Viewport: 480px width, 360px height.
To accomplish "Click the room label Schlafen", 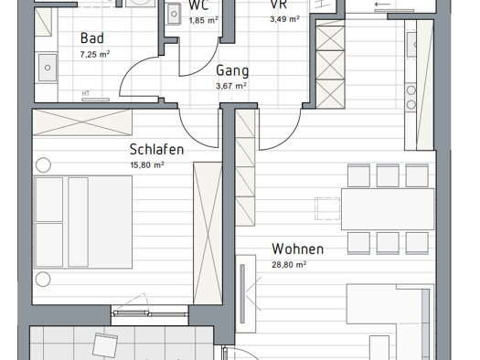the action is pyautogui.click(x=156, y=150).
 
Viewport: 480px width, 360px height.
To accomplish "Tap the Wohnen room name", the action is pyautogui.click(x=297, y=249).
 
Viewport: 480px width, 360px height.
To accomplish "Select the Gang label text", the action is pyautogui.click(x=232, y=71).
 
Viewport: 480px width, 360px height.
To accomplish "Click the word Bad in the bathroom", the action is pyautogui.click(x=92, y=38).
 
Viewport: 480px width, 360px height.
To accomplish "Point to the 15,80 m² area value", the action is pyautogui.click(x=147, y=165).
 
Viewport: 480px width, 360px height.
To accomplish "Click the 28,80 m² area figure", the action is pyautogui.click(x=289, y=265).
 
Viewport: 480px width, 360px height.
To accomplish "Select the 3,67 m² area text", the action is pyautogui.click(x=231, y=86).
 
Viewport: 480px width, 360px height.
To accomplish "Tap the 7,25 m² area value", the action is pyautogui.click(x=95, y=55).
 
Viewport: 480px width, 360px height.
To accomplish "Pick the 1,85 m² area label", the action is pyautogui.click(x=204, y=20).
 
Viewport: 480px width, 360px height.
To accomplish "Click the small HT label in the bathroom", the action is pyautogui.click(x=86, y=93).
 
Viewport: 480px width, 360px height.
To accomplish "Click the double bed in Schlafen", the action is pyautogui.click(x=83, y=222).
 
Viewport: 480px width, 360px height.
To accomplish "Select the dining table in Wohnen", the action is pyautogui.click(x=388, y=209).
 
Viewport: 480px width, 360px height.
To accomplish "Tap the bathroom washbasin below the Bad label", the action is pyautogui.click(x=48, y=68).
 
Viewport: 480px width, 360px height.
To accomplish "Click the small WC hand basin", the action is pyautogui.click(x=174, y=14).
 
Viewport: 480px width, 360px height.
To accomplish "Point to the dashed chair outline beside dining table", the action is pyautogui.click(x=327, y=208).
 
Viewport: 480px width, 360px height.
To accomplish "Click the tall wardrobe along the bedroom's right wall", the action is pyautogui.click(x=208, y=233).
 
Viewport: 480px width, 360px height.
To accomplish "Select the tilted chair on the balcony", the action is pyautogui.click(x=105, y=345).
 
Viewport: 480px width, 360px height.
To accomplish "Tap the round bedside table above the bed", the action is pyautogui.click(x=43, y=165).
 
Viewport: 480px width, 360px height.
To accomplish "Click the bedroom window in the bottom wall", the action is pyautogui.click(x=149, y=313).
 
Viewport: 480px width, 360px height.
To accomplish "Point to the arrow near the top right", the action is pyautogui.click(x=382, y=5).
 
